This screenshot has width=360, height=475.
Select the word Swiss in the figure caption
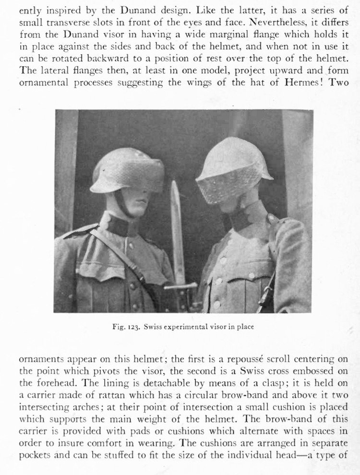(154, 327)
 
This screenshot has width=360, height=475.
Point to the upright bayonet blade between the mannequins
(177, 226)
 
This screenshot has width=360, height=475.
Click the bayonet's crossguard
(180, 286)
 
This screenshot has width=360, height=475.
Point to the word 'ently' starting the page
(30, 11)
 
